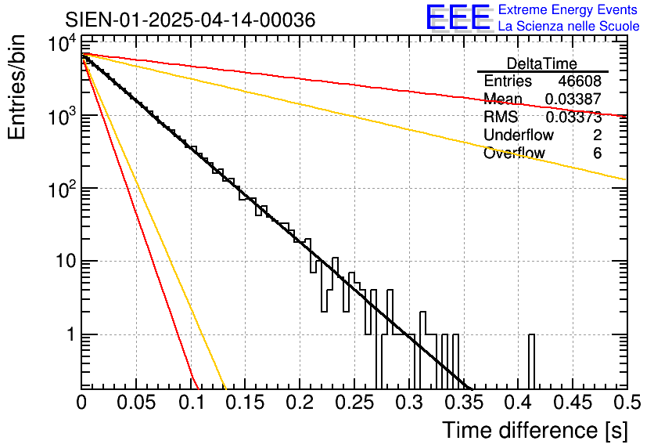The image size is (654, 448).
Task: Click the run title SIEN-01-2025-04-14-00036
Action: tap(190, 20)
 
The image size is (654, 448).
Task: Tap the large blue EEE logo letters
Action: tap(458, 17)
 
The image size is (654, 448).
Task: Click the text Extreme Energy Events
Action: tap(568, 10)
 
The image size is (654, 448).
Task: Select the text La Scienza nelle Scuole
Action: tap(568, 27)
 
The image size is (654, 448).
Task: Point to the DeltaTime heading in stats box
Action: tap(542, 63)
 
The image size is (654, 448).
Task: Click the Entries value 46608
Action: tap(580, 81)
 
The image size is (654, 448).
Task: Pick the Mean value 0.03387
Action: tap(573, 99)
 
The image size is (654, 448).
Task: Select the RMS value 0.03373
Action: tap(573, 117)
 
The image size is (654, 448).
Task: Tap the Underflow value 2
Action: tap(597, 135)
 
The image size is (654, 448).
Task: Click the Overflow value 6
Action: tap(597, 154)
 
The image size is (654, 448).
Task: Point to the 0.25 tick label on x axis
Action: tap(354, 403)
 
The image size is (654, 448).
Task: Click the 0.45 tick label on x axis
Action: tap(572, 403)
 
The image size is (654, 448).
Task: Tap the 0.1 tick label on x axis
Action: tap(191, 403)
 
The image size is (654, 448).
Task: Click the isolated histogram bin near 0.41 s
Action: tap(531, 360)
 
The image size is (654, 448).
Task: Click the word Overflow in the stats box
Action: tap(514, 154)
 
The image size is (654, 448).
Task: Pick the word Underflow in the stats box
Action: tap(518, 135)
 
